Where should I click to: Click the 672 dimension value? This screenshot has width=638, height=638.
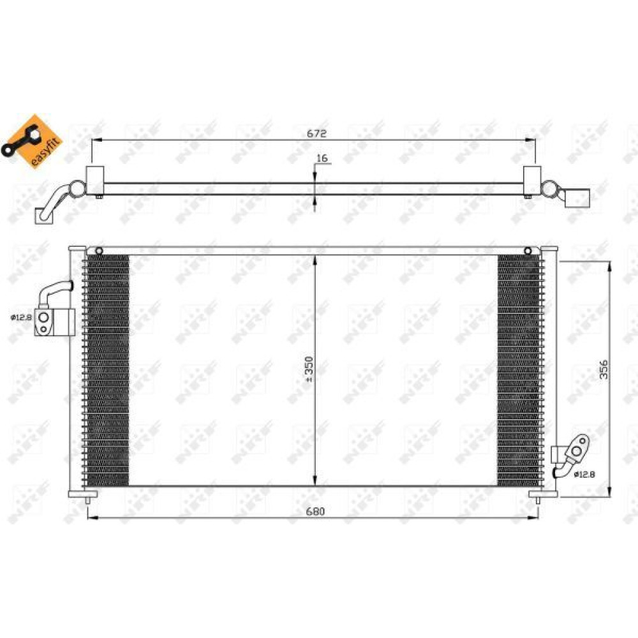pos(316,133)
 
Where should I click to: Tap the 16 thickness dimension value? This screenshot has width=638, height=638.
pos(322,158)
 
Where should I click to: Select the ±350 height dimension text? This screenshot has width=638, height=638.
pos(309,369)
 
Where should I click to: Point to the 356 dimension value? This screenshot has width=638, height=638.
pos(604,369)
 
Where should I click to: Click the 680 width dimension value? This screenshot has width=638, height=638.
pos(315,512)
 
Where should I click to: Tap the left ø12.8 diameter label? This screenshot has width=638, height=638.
pos(21,317)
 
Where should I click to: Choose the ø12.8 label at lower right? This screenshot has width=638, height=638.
pos(584,474)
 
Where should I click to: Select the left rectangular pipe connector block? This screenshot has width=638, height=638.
pos(55,322)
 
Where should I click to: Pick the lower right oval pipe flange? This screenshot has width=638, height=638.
pos(578,450)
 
